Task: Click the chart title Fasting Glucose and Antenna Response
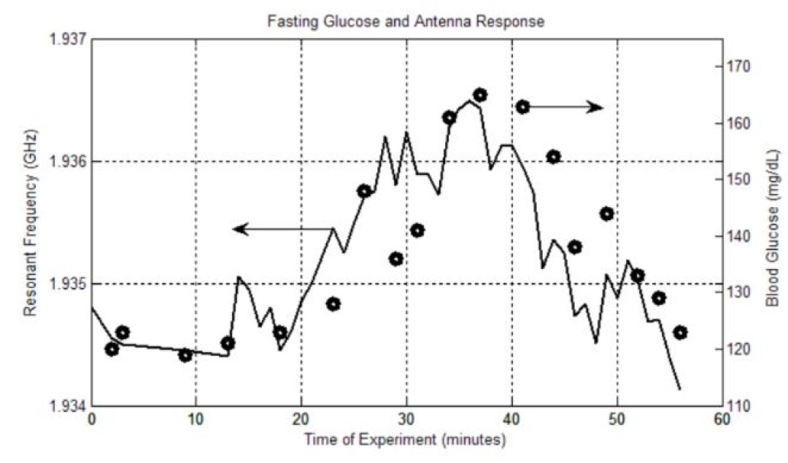(406, 21)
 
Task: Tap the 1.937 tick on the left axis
(66, 39)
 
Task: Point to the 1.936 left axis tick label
(66, 161)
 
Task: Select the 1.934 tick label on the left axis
(66, 405)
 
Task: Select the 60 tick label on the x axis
(722, 421)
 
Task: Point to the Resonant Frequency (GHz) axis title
(30, 222)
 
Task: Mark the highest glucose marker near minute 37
(479, 95)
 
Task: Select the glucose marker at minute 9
(185, 355)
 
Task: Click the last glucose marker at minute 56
(680, 332)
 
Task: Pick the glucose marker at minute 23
(333, 304)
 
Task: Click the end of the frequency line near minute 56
(680, 389)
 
